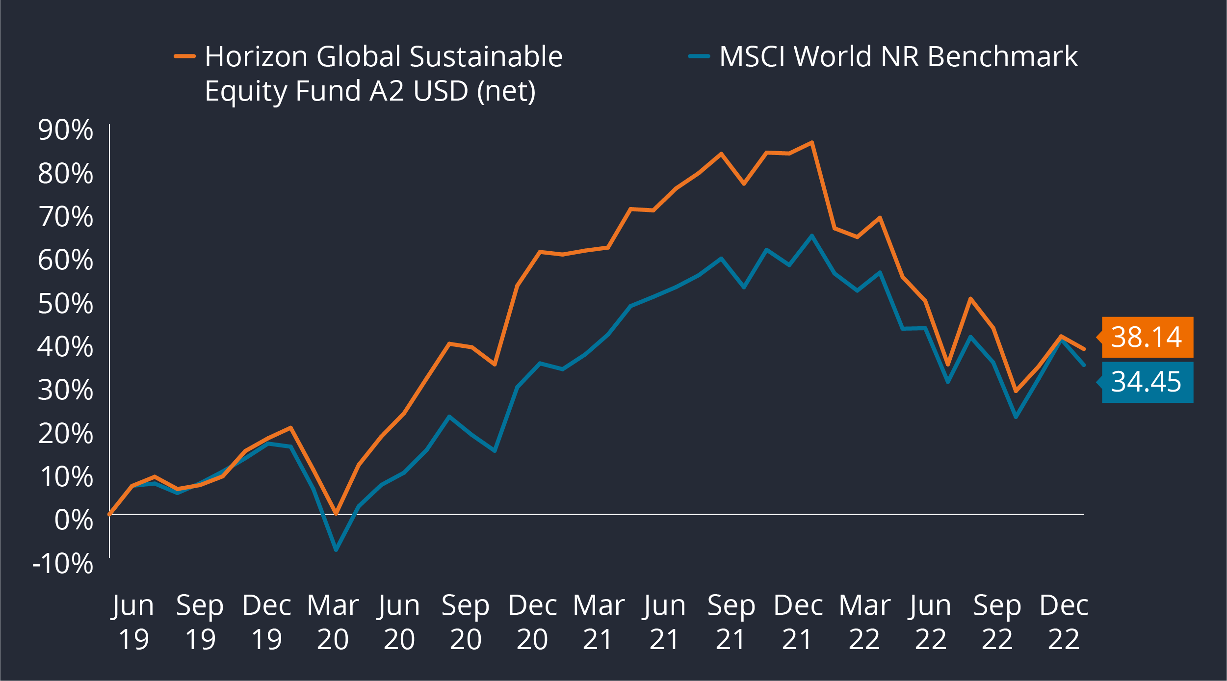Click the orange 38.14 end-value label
click(x=1147, y=337)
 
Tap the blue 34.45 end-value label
click(x=1147, y=382)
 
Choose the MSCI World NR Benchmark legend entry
click(x=898, y=56)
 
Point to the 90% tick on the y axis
click(x=65, y=130)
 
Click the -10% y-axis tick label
click(x=63, y=563)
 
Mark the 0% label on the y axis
click(x=74, y=520)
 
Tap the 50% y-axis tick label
click(x=65, y=303)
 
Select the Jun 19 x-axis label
click(x=133, y=622)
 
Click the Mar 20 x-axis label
click(x=333, y=622)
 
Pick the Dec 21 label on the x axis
click(x=798, y=622)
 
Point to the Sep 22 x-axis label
click(x=997, y=622)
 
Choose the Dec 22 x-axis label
click(x=1064, y=622)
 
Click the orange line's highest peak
click(x=812, y=143)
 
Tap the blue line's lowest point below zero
click(x=336, y=550)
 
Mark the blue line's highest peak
click(x=812, y=236)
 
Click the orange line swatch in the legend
click(x=185, y=56)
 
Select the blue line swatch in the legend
click(x=699, y=56)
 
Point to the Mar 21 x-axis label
click(x=599, y=622)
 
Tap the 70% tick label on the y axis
click(x=65, y=217)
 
